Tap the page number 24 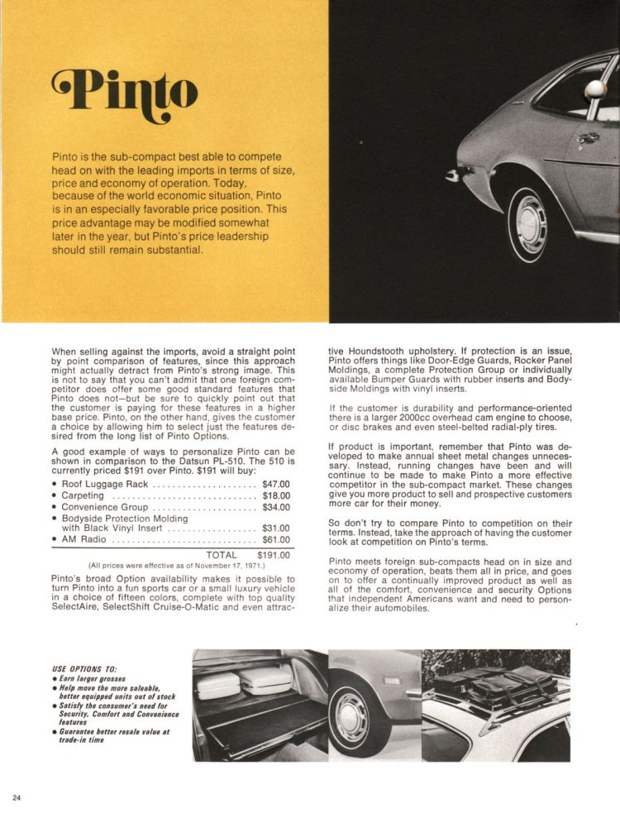point(17,796)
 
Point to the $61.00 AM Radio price point(275,539)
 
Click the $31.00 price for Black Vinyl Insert point(275,527)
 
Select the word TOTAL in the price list point(222,555)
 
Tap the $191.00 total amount point(273,555)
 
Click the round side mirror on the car point(595,90)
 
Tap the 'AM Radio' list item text point(83,539)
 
